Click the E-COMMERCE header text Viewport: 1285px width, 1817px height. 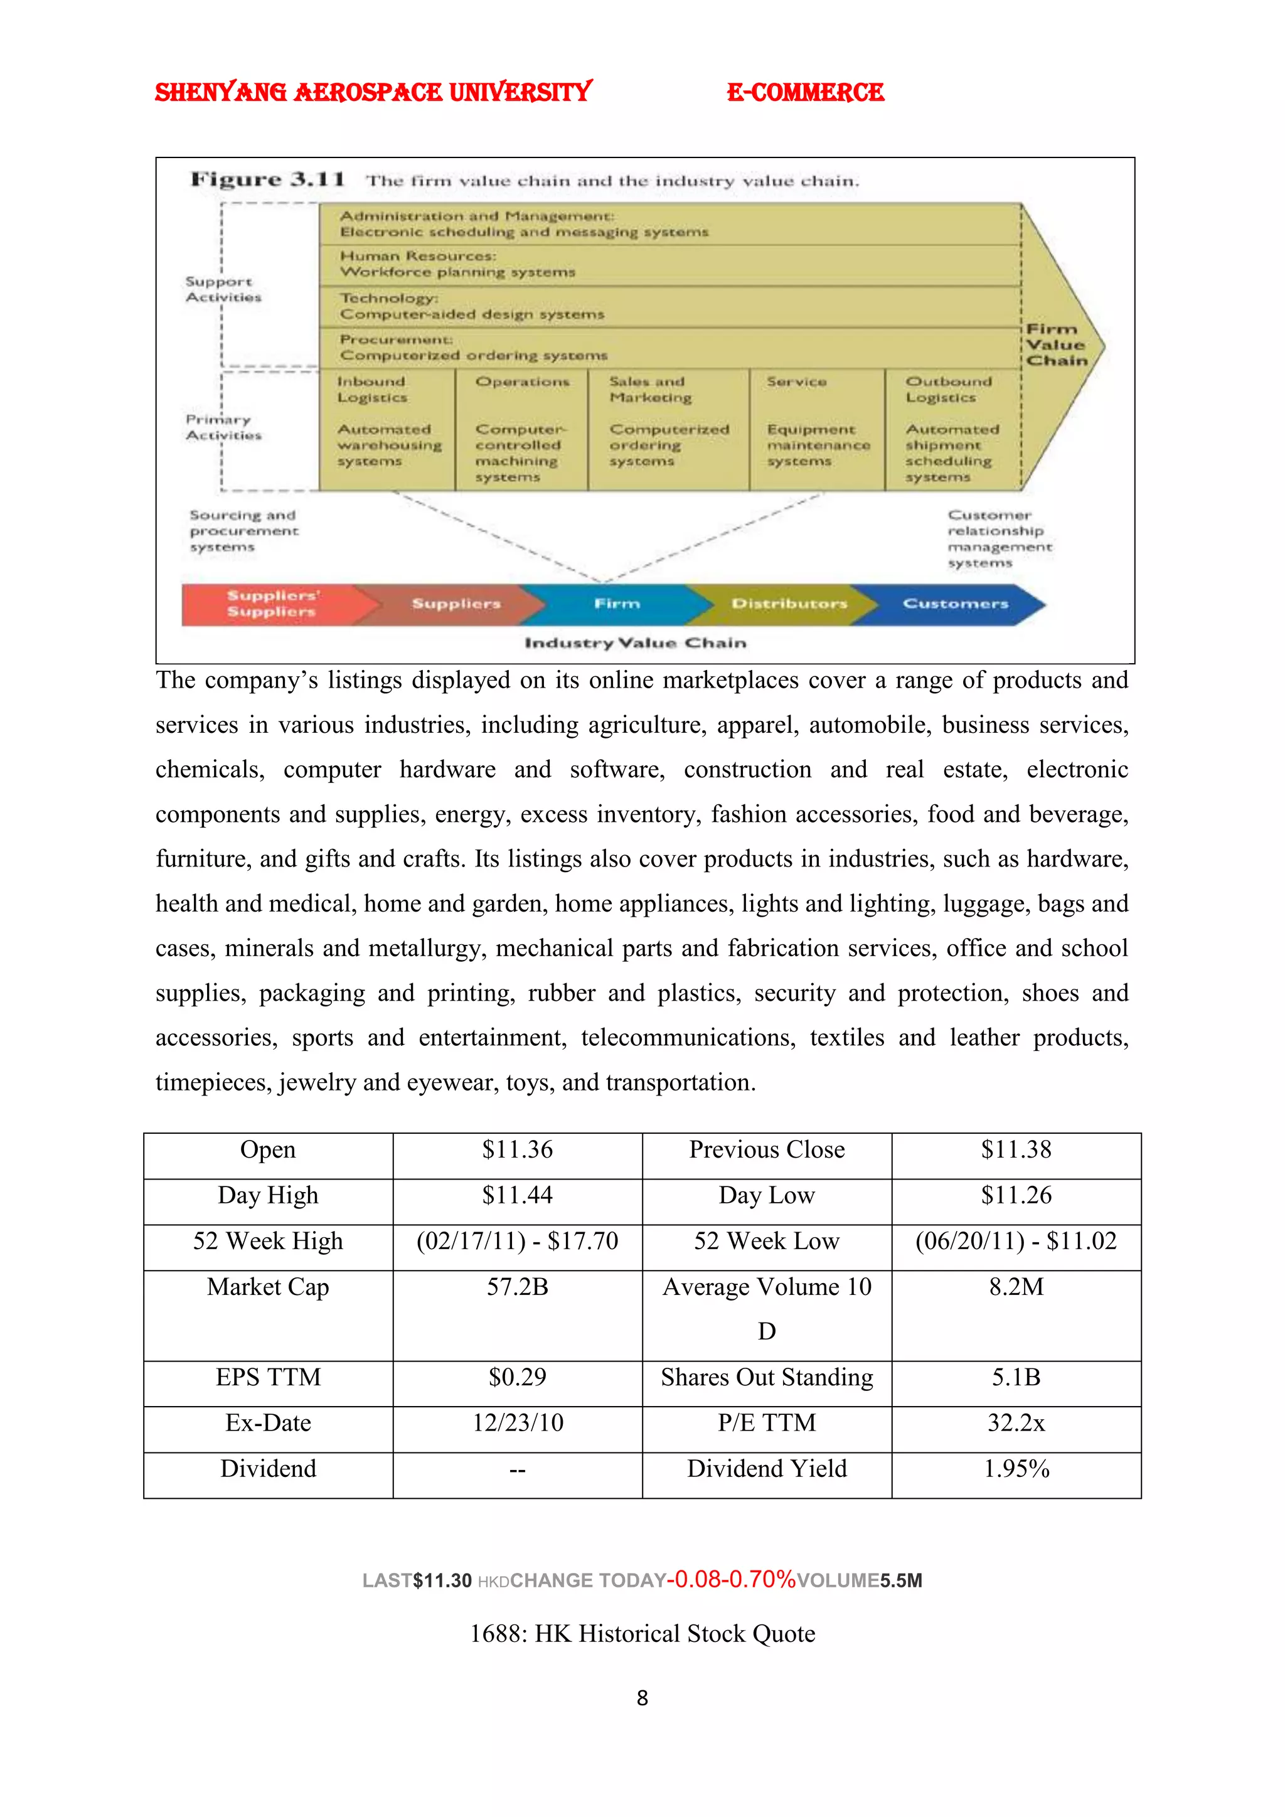point(805,93)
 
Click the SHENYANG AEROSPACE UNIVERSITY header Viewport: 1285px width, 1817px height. point(373,93)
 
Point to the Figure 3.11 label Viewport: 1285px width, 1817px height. point(267,179)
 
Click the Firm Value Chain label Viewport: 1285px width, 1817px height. point(1057,345)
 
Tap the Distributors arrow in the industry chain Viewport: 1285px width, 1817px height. point(788,604)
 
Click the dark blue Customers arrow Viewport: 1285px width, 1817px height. point(955,604)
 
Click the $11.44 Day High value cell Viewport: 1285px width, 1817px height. point(518,1195)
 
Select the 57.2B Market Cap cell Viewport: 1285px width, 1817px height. point(518,1287)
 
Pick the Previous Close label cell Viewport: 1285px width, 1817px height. point(767,1150)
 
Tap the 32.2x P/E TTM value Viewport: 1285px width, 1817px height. point(1016,1423)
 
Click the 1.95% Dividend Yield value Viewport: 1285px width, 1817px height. point(1016,1469)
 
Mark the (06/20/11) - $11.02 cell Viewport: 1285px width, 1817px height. point(1016,1241)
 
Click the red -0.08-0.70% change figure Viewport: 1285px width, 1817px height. point(731,1580)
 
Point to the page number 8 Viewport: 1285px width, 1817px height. point(642,1698)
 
